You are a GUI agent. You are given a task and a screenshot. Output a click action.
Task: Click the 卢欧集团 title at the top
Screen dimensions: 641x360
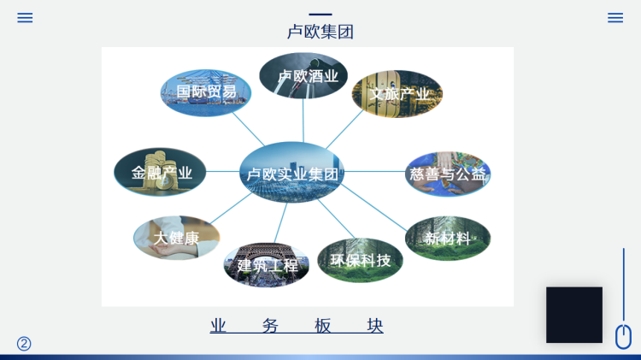[320, 32]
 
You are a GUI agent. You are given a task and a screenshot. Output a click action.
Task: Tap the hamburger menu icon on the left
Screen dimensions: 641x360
[25, 18]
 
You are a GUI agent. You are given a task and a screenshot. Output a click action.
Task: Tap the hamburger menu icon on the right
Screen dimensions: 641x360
[615, 18]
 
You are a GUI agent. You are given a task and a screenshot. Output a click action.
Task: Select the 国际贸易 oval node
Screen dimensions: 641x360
[206, 92]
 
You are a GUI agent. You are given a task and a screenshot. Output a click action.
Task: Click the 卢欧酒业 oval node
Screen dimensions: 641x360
[303, 76]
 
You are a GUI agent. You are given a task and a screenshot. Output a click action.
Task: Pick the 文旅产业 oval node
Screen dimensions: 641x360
[397, 94]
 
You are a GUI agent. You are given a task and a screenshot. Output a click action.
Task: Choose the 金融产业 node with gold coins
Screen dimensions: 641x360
[160, 172]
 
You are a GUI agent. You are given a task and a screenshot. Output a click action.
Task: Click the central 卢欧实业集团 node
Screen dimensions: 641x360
[292, 172]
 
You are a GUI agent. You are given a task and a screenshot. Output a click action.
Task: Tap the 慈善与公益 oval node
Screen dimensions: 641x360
[448, 174]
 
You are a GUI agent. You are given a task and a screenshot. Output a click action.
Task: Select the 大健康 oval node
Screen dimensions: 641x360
[177, 238]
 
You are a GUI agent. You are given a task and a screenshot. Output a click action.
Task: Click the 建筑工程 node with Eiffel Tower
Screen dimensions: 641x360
[267, 265]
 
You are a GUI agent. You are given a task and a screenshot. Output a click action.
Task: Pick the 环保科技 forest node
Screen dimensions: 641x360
[360, 260]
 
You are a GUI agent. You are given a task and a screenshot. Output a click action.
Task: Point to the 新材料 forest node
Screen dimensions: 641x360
[448, 238]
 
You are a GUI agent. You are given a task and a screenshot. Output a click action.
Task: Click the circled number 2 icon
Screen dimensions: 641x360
[24, 344]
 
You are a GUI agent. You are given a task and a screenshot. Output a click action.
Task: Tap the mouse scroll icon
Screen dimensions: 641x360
[623, 336]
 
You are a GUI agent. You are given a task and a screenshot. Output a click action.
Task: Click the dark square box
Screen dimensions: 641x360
[574, 315]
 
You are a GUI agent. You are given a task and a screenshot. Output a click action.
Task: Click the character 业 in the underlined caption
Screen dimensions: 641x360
[218, 326]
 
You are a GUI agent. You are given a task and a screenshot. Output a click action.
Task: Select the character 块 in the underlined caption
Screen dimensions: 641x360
[375, 326]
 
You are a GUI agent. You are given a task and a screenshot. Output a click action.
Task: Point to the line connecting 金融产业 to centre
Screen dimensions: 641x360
[223, 171]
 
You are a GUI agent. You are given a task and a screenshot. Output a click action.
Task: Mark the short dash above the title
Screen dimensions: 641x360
[320, 15]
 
